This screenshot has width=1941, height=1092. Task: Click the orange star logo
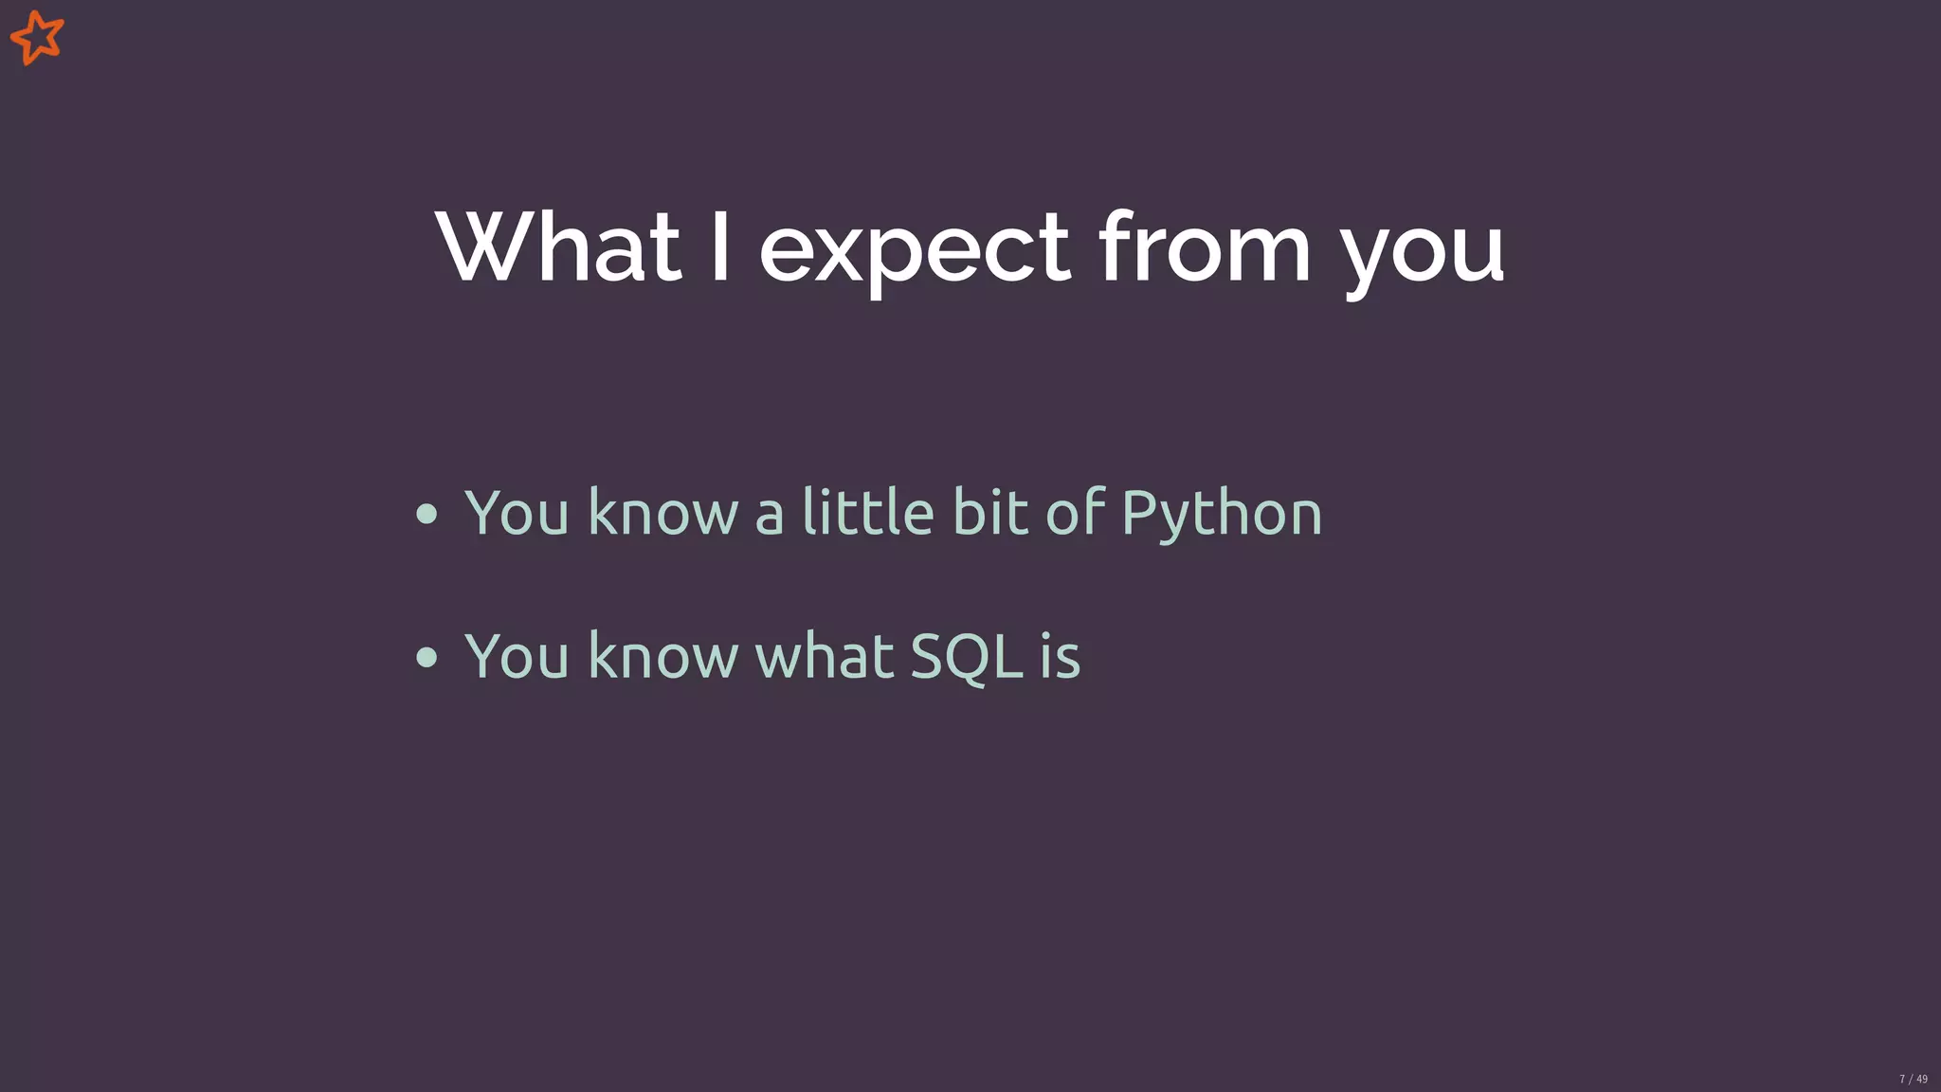coord(37,38)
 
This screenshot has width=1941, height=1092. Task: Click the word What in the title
coord(558,247)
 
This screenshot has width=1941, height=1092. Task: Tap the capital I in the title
coord(720,247)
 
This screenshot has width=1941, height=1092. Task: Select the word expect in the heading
coord(915,251)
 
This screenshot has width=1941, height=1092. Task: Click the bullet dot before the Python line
coord(427,514)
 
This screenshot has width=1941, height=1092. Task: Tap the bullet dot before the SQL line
coord(427,657)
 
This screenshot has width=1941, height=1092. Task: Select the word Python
coord(1221,515)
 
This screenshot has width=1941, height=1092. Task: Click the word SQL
coord(967,656)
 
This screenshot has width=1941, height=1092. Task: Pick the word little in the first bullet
coord(868,512)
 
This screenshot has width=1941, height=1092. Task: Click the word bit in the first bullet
coord(989,512)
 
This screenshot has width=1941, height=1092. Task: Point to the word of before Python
coord(1075,512)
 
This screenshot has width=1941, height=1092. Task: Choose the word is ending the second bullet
coord(1060,655)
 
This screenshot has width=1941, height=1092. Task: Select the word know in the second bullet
coord(662,655)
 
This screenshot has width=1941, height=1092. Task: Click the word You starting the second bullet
coord(517,655)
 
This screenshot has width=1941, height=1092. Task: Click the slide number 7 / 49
coord(1913,1079)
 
